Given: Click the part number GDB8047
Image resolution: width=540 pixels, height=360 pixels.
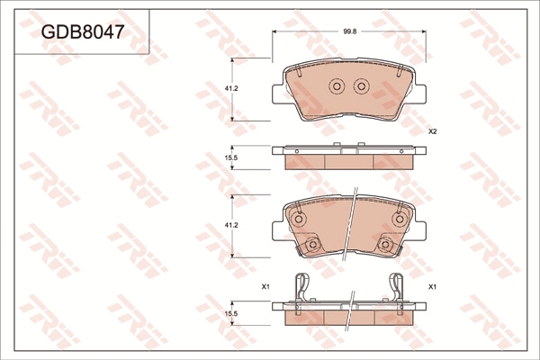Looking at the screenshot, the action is click(x=82, y=32).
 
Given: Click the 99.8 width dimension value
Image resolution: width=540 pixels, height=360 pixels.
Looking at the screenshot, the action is click(x=349, y=31).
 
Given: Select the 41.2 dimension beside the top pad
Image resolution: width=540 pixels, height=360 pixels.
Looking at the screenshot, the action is click(x=231, y=88).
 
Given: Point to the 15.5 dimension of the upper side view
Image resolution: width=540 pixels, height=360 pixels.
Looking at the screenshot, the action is click(x=231, y=157).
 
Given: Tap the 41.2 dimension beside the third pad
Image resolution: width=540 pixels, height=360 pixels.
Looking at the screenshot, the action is click(x=231, y=225).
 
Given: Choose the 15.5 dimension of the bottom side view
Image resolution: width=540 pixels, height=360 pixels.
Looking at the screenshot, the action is click(x=231, y=314).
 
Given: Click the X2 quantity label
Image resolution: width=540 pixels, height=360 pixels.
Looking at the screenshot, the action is click(x=433, y=131).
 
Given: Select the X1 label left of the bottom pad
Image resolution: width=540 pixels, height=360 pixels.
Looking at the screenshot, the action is click(x=265, y=286).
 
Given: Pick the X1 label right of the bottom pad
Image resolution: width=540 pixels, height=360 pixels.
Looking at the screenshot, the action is click(x=433, y=286).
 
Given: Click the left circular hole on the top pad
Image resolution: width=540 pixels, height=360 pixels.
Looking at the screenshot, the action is click(x=337, y=85).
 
